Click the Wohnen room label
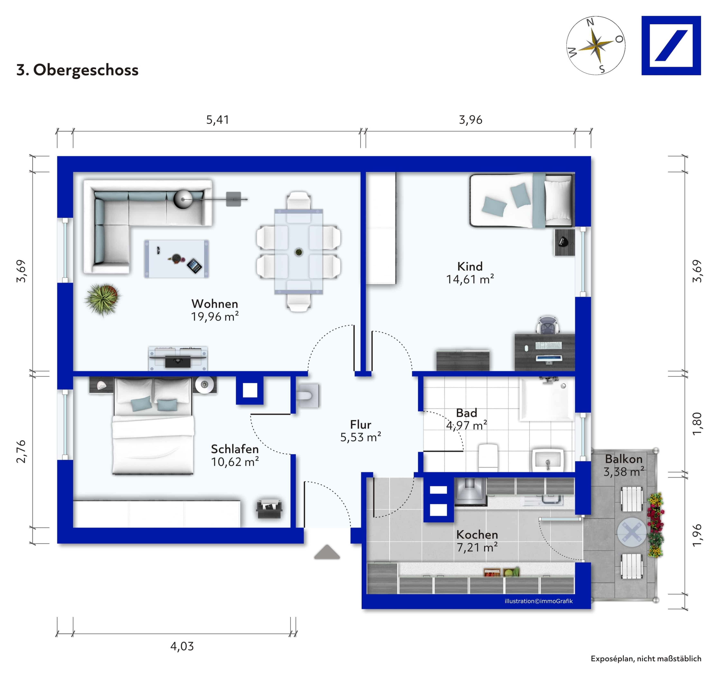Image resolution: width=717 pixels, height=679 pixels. [x=215, y=304]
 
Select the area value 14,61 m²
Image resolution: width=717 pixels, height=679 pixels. [x=470, y=279]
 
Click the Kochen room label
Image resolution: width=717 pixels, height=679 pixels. [x=477, y=535]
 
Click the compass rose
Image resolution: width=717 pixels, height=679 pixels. [x=596, y=46]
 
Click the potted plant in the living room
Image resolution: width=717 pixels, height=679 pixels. [x=102, y=299]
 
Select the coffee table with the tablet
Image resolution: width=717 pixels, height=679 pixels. [x=176, y=258]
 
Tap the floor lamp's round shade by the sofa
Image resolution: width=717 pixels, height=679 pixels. [x=183, y=199]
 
